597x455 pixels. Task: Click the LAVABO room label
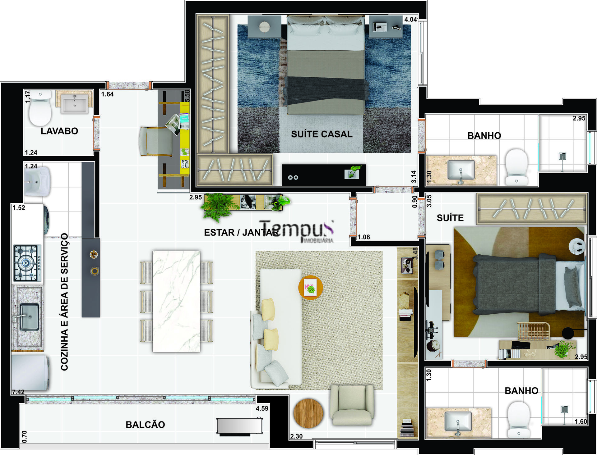click(59, 131)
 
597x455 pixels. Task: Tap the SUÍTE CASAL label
click(322, 134)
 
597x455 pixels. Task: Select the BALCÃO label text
click(145, 425)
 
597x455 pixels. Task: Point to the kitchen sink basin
click(29, 317)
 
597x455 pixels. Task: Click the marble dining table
click(176, 301)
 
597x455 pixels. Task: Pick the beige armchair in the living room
click(352, 405)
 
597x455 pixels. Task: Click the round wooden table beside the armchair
click(308, 413)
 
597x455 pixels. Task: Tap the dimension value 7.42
click(18, 392)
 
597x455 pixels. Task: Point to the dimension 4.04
click(410, 20)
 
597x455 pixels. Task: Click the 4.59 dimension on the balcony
click(262, 408)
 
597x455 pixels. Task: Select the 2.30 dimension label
click(296, 436)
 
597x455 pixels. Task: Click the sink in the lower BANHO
click(458, 421)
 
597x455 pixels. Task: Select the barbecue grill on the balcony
click(239, 426)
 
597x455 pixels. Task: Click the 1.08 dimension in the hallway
click(363, 237)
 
